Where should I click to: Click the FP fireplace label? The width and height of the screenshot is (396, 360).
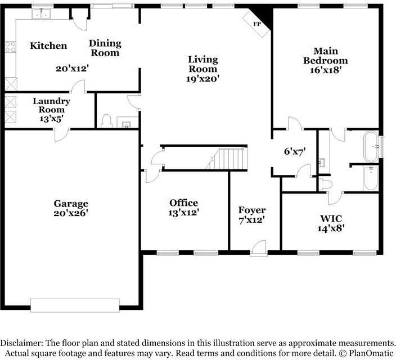[x=257, y=24]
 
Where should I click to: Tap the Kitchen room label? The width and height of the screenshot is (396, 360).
[x=48, y=46]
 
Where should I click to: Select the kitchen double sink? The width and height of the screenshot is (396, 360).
[x=41, y=13]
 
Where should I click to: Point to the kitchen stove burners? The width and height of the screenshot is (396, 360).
[x=10, y=47]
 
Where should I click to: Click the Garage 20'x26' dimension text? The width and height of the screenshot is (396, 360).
[x=71, y=213]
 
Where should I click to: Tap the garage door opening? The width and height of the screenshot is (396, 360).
[x=75, y=305]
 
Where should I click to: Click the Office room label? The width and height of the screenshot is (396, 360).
[x=183, y=203]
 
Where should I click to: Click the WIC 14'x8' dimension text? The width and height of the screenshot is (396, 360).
[x=331, y=228]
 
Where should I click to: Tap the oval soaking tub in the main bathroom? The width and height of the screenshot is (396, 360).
[x=371, y=146]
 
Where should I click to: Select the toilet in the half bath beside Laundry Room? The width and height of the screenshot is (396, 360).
[x=106, y=121]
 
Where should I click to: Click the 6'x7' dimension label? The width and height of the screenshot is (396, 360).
[x=295, y=151]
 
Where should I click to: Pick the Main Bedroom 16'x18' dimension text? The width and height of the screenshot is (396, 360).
[x=326, y=70]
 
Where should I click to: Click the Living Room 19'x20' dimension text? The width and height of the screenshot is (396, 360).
[x=202, y=79]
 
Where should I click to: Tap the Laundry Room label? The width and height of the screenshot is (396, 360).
[x=52, y=105]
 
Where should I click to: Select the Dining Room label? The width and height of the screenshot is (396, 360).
[x=105, y=48]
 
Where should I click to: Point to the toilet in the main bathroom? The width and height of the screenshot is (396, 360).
[x=325, y=184]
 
